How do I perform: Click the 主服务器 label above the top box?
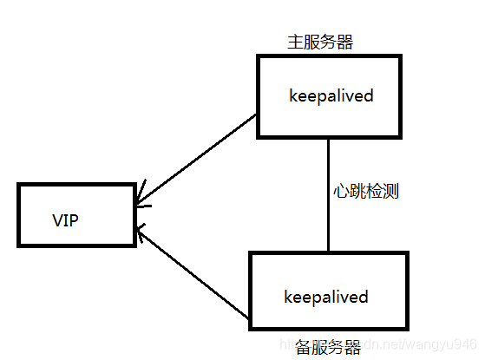[x=319, y=42]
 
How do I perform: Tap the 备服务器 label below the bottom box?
[x=326, y=348]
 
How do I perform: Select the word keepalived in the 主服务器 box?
[x=331, y=95]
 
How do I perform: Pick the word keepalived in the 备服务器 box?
[x=326, y=297]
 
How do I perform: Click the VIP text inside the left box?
[x=65, y=220]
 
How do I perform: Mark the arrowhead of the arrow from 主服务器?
[x=141, y=205]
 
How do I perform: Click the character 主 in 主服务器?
[x=294, y=42]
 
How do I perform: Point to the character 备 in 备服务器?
[x=302, y=348]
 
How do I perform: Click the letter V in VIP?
[x=56, y=220]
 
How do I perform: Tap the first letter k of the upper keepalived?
[x=293, y=95]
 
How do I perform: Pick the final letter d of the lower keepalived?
[x=364, y=297]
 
